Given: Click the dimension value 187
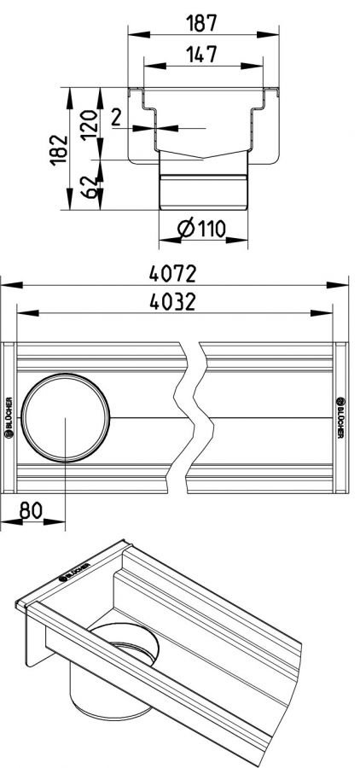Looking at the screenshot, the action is coord(202,23).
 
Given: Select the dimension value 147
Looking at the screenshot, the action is coord(201,55).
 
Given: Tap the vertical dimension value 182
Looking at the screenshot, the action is coord(59,150).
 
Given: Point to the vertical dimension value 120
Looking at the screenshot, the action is coord(90,125).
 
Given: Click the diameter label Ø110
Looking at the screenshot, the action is coord(202,228).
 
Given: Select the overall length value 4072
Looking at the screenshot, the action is coord(173,274).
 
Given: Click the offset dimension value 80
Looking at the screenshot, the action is coord(32,510).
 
